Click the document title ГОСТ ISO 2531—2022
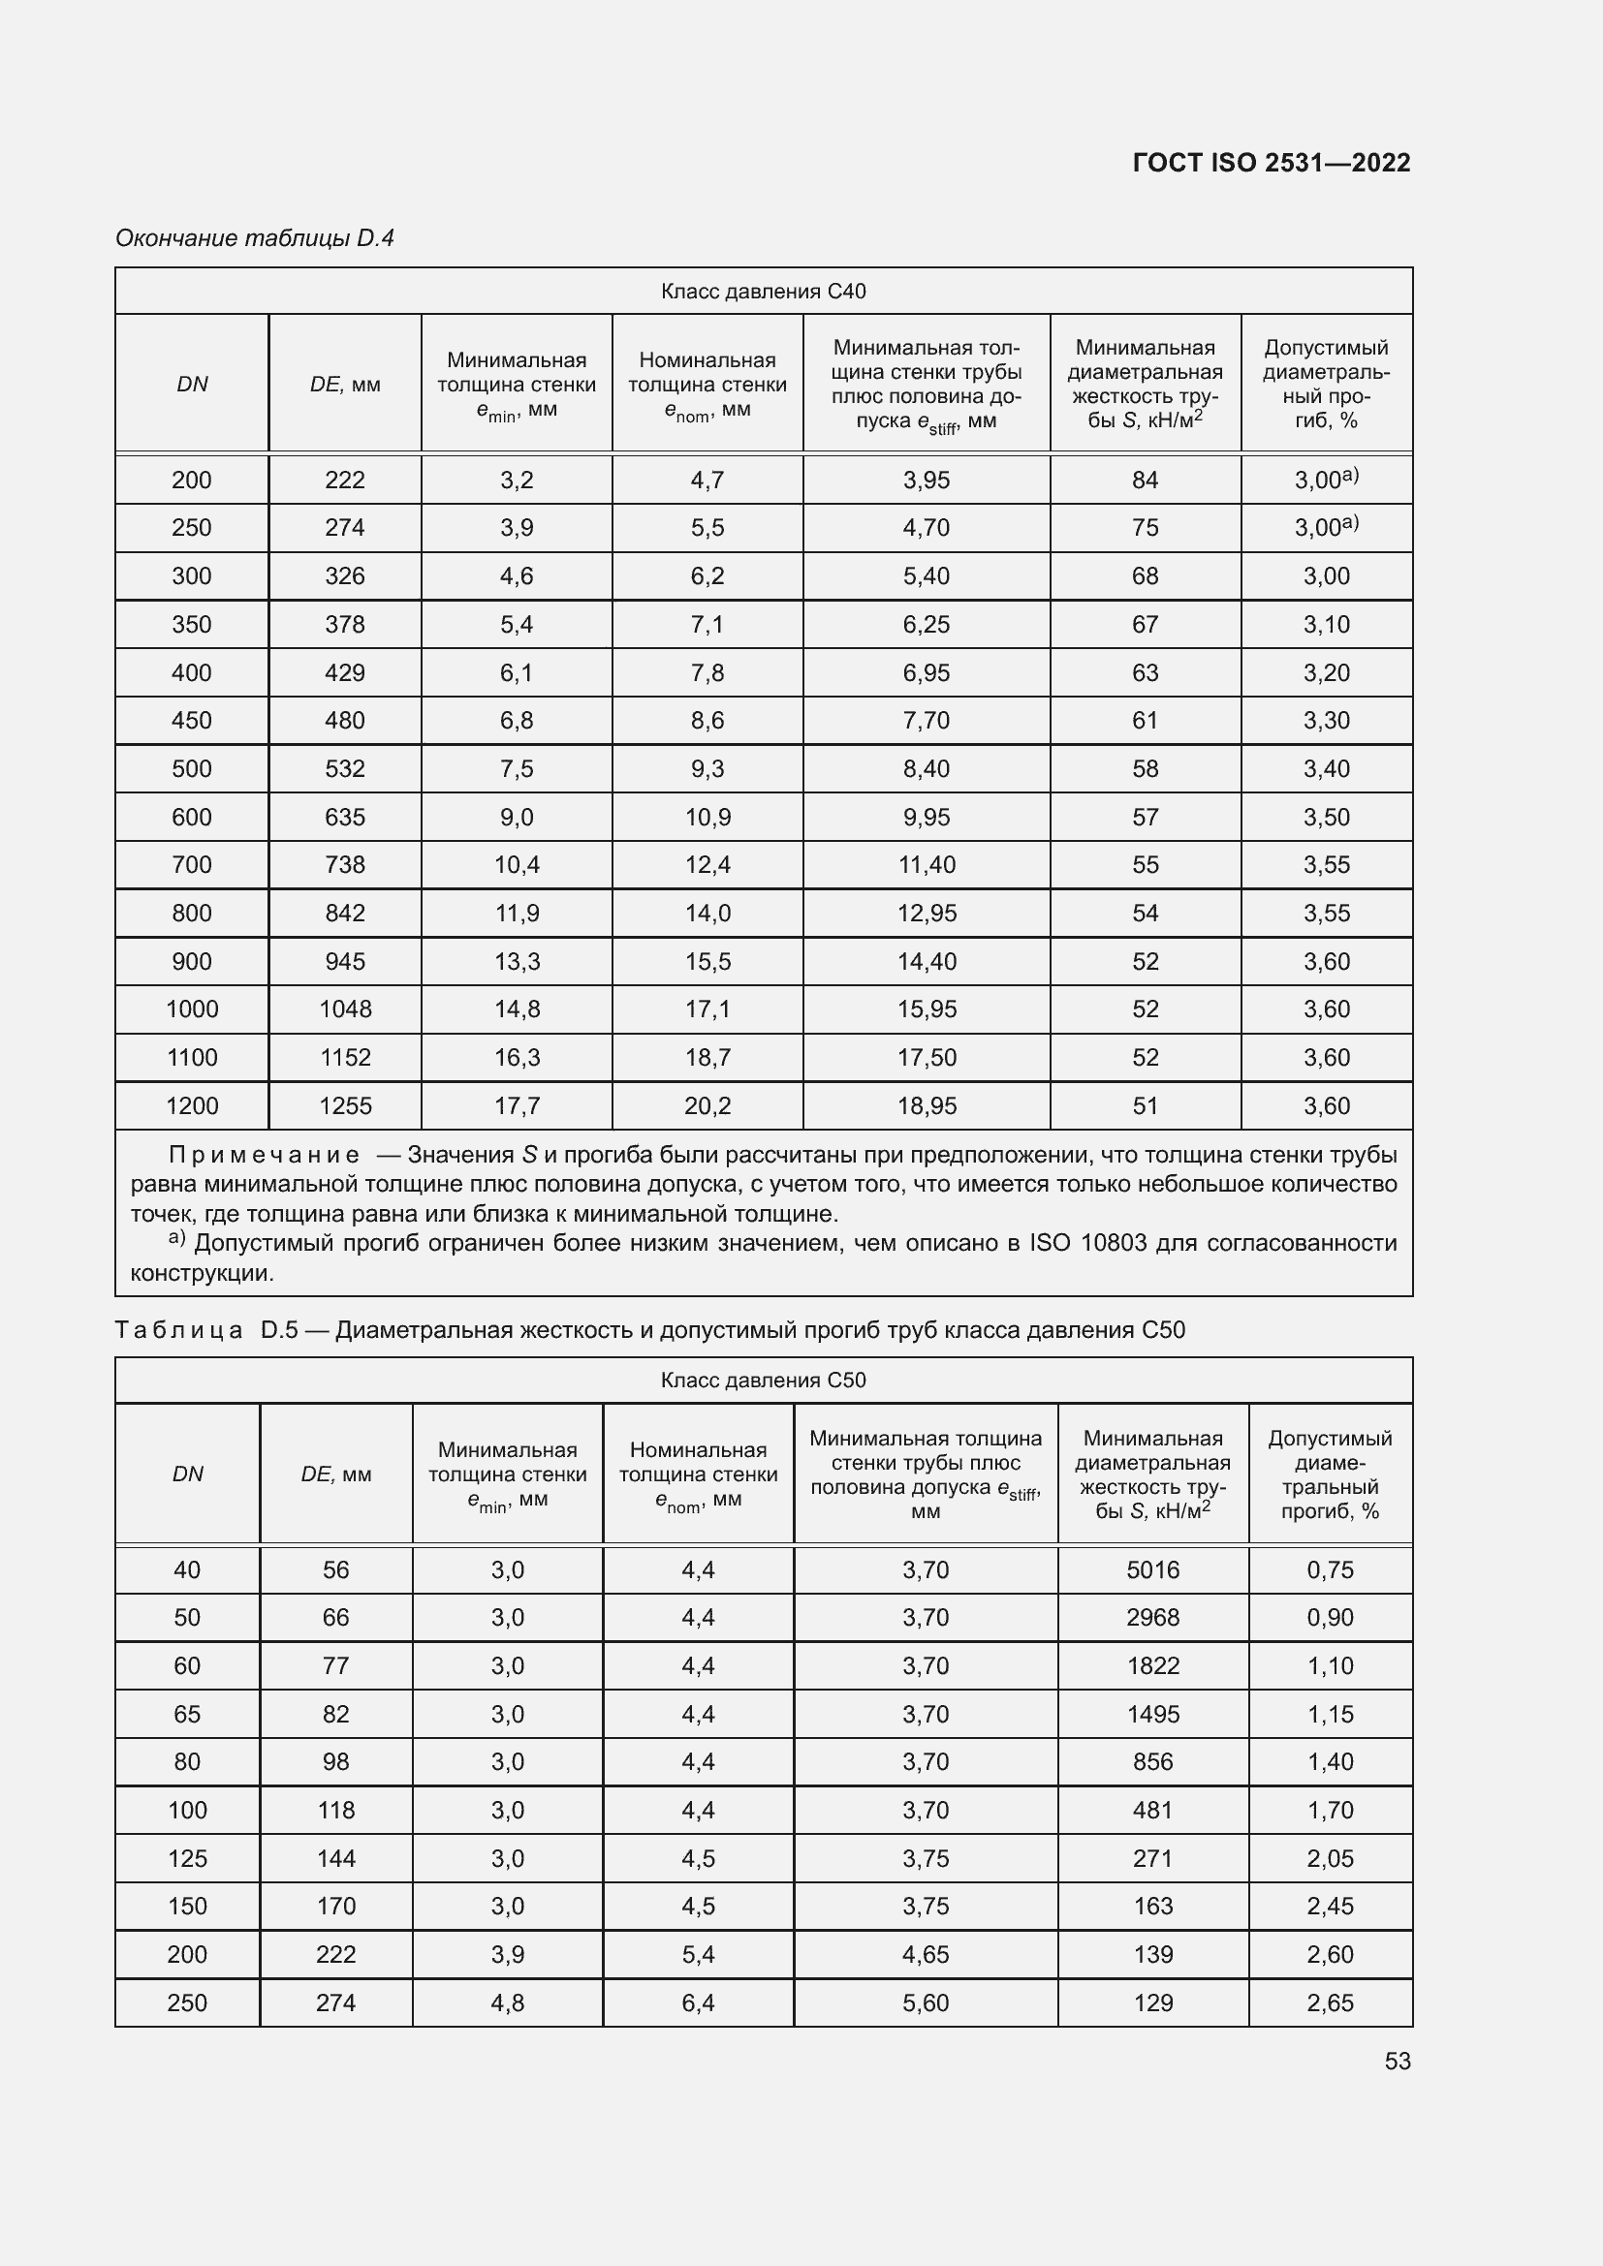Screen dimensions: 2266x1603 coord(1272,163)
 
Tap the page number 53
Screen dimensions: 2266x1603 coord(1397,2061)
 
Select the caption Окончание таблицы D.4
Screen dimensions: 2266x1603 coord(255,238)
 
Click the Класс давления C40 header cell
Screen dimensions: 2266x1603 coord(763,292)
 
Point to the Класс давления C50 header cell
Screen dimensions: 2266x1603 coord(763,1380)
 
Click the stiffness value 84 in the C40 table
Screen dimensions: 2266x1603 coord(1144,481)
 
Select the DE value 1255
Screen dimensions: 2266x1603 coord(344,1106)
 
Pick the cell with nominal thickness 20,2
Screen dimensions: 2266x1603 coord(707,1106)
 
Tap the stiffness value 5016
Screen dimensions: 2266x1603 coord(1152,1569)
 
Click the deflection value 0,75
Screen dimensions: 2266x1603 coord(1329,1569)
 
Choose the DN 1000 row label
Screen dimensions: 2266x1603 coord(192,1009)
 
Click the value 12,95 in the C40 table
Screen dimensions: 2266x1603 coord(926,913)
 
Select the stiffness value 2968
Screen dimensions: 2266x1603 coord(1152,1618)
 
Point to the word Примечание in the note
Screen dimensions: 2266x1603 coord(264,1155)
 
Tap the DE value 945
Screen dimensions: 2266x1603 coord(344,961)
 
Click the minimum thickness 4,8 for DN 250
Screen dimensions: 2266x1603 coord(507,2002)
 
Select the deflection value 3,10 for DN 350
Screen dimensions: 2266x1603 coord(1326,625)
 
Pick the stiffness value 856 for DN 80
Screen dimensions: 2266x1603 coord(1152,1761)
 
